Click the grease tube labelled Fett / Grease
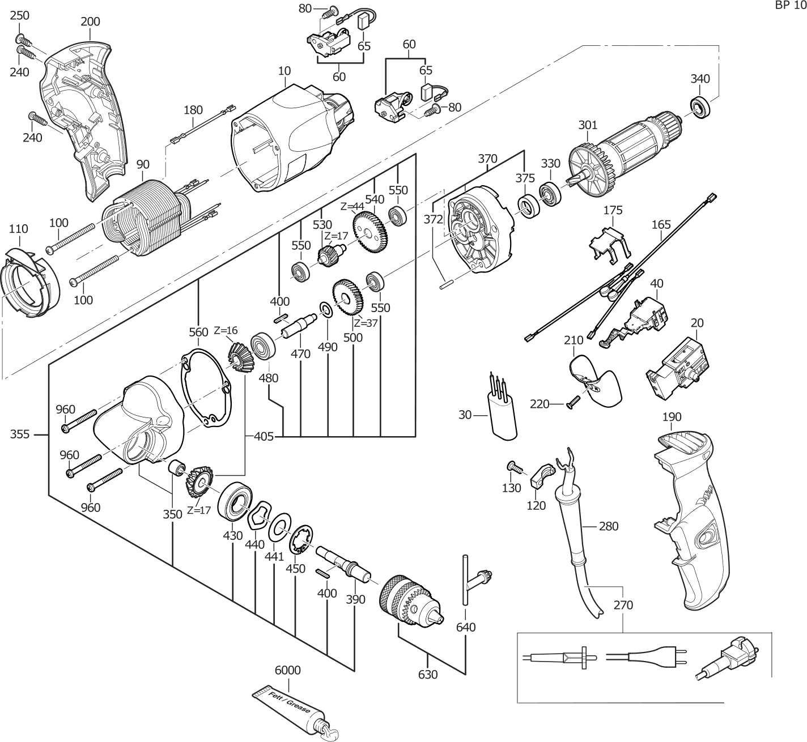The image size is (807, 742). coord(289,708)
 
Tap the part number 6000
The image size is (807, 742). coord(287,670)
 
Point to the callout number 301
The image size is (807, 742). coord(588,125)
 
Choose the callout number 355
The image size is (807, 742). coord(21,434)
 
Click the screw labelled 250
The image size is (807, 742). coord(23,39)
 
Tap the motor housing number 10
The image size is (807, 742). coord(284,71)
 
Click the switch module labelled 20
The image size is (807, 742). coord(677,368)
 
